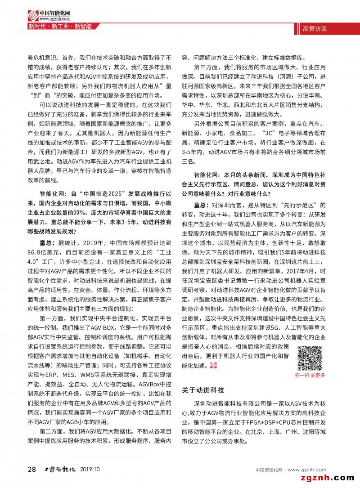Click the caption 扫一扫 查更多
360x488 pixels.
[310, 375]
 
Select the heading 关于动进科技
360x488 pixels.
[202, 390]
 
